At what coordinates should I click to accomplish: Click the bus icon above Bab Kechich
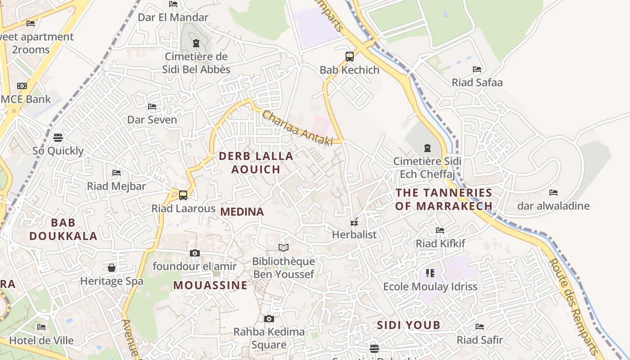click(350, 57)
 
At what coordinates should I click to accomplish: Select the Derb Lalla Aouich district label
click(256, 162)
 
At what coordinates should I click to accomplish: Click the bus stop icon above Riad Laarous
click(183, 195)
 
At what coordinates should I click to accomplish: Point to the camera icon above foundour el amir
click(194, 253)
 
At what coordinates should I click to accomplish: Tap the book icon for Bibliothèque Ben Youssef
click(283, 248)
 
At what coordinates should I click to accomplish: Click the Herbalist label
click(354, 234)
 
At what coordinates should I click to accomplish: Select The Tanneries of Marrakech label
click(444, 199)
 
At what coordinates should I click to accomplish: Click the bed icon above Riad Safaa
click(477, 69)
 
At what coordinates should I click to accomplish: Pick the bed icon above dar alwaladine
click(553, 193)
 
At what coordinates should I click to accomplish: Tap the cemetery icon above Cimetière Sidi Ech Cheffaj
click(427, 148)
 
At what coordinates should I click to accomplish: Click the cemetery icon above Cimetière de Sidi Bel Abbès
click(196, 44)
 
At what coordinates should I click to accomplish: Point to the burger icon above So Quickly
click(58, 137)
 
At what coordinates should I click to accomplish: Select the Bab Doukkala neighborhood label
click(63, 229)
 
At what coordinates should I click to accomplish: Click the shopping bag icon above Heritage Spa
click(112, 268)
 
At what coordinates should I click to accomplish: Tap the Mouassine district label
click(210, 285)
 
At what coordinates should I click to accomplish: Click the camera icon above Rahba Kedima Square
click(269, 319)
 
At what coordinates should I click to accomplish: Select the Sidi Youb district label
click(409, 325)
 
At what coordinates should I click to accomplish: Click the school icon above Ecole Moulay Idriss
click(430, 273)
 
